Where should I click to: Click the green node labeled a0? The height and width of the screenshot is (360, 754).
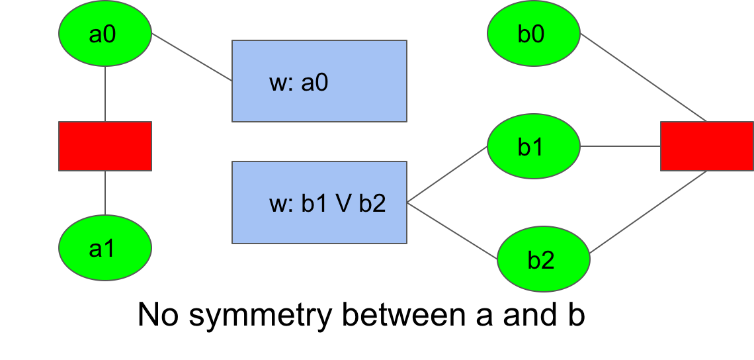pyautogui.click(x=105, y=34)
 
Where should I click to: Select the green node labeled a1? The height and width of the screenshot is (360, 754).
pyautogui.click(x=105, y=248)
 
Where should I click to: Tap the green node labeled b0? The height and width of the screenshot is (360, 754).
pyautogui.click(x=533, y=34)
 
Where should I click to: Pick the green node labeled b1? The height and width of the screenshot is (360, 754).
pyautogui.click(x=533, y=146)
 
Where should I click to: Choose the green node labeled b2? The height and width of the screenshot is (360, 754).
pyautogui.click(x=543, y=259)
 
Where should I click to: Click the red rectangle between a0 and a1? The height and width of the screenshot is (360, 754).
pyautogui.click(x=105, y=146)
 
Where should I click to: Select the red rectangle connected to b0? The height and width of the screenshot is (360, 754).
pyautogui.click(x=706, y=146)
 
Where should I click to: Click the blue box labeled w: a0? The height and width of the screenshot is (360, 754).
pyautogui.click(x=319, y=81)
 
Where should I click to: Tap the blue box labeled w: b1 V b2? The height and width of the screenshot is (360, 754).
pyautogui.click(x=319, y=202)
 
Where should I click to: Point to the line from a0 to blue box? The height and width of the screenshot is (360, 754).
pyautogui.click(x=192, y=58)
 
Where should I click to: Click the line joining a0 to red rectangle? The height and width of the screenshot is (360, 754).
pyautogui.click(x=105, y=93)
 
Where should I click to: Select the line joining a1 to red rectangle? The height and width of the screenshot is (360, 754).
pyautogui.click(x=105, y=193)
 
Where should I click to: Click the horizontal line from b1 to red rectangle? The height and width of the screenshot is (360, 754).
pyautogui.click(x=620, y=146)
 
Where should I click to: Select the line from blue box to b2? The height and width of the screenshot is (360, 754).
pyautogui.click(x=453, y=230)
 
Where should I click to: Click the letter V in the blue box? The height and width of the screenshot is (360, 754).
pyautogui.click(x=343, y=204)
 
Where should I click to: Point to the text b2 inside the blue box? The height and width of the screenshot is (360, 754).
pyautogui.click(x=372, y=204)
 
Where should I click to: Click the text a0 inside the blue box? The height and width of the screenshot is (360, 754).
pyautogui.click(x=315, y=83)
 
